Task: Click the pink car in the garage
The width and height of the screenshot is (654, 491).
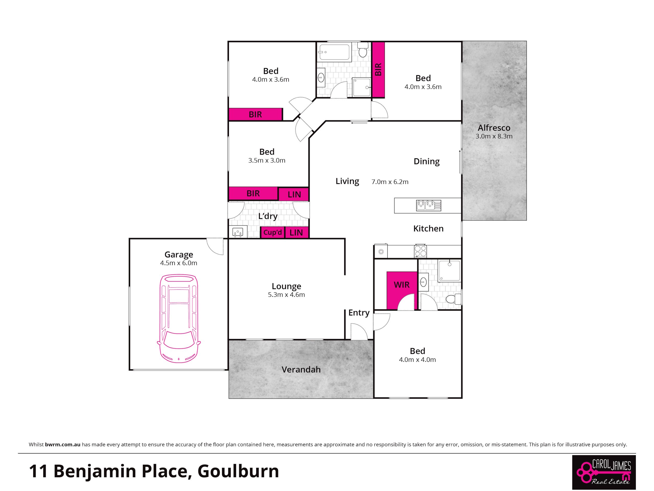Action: [179, 318]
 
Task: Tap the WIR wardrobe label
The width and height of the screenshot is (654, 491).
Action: [402, 285]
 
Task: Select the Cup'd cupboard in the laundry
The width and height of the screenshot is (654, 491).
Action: [273, 232]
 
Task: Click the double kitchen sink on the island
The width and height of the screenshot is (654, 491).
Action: [429, 205]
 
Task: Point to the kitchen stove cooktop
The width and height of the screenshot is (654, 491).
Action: [420, 251]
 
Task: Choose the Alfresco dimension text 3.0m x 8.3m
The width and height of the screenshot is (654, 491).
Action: [494, 137]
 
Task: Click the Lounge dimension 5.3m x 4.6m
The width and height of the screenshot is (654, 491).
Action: [286, 295]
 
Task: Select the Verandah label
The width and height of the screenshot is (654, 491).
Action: [301, 369]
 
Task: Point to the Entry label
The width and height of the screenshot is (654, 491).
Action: [359, 313]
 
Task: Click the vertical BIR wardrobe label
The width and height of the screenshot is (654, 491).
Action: [378, 70]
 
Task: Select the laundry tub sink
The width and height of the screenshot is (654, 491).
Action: [238, 232]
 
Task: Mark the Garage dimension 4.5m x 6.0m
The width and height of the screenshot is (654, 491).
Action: [179, 263]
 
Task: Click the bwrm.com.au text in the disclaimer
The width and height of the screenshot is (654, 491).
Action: [63, 444]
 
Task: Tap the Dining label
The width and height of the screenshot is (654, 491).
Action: [426, 162]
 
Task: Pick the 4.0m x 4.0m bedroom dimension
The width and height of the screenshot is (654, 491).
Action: [417, 360]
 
